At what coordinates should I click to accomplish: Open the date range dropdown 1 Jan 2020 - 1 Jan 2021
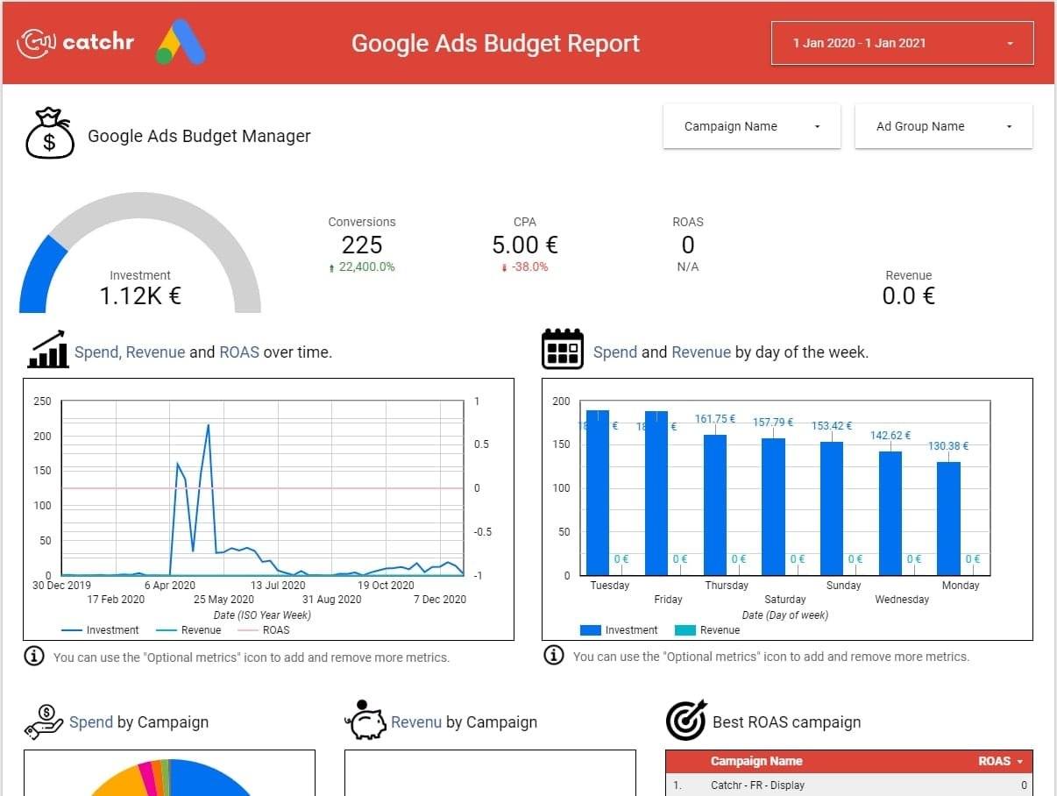[x=902, y=43]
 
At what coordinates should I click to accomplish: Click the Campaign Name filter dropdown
[x=751, y=126]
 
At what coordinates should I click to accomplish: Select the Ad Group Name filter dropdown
[x=943, y=126]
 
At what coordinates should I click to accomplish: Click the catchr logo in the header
[x=76, y=41]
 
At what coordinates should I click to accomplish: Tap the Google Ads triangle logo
[x=181, y=43]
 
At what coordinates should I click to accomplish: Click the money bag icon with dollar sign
[x=49, y=134]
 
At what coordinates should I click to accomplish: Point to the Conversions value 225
[x=361, y=245]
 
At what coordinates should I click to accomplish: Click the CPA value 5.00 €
[x=524, y=245]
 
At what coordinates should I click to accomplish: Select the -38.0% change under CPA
[x=528, y=267]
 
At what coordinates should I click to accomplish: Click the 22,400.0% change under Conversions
[x=366, y=267]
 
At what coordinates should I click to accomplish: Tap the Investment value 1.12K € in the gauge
[x=140, y=296]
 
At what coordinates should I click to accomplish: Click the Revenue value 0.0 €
[x=908, y=296]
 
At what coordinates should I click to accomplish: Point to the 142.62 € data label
[x=890, y=436]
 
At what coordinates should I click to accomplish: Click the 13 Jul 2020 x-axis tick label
[x=278, y=586]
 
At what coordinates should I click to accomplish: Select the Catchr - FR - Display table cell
[x=757, y=785]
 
